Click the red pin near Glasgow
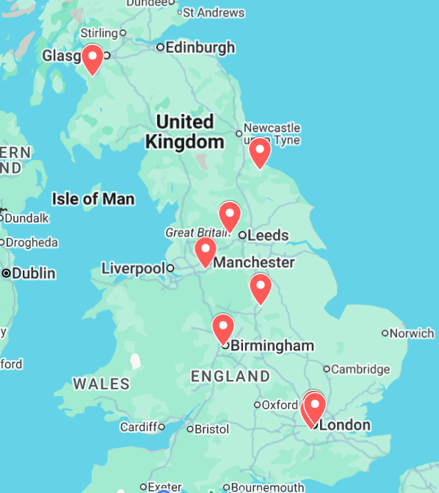point(92,58)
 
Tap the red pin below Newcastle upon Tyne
point(260,151)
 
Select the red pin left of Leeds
point(230,215)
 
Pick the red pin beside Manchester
point(205,251)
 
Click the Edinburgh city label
point(200,48)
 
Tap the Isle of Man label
point(93,198)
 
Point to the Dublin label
point(33,273)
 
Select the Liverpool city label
point(133,268)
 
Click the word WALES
point(101,384)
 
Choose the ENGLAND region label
point(230,376)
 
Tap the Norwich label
point(412,334)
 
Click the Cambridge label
point(360,369)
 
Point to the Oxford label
point(280,405)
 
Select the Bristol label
point(212,429)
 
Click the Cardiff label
point(138,427)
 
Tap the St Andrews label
point(213,12)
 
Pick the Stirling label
point(99,33)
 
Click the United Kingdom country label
point(184,132)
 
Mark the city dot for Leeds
point(242,236)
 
